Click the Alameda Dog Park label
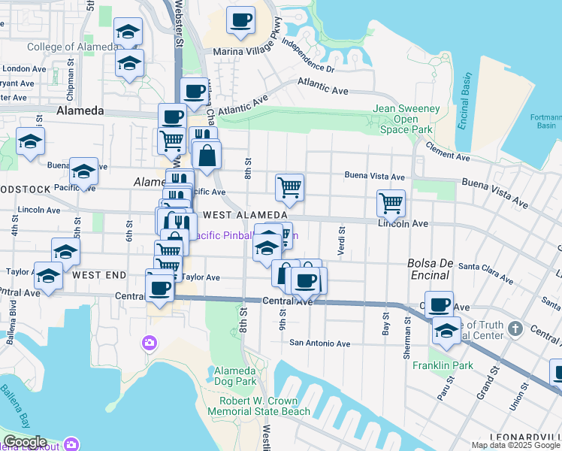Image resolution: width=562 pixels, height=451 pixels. (x=235, y=377)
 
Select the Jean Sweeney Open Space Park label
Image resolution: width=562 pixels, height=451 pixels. (x=406, y=119)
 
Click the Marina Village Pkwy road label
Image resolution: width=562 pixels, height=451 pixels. (x=240, y=51)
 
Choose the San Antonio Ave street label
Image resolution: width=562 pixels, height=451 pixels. (x=321, y=344)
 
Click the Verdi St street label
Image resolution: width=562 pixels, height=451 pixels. (x=342, y=241)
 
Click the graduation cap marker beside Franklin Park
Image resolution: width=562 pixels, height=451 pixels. (x=446, y=330)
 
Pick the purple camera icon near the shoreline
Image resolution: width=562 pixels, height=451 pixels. (x=150, y=344)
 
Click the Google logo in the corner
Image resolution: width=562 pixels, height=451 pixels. (x=25, y=442)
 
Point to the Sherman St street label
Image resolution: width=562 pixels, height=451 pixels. (x=407, y=324)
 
